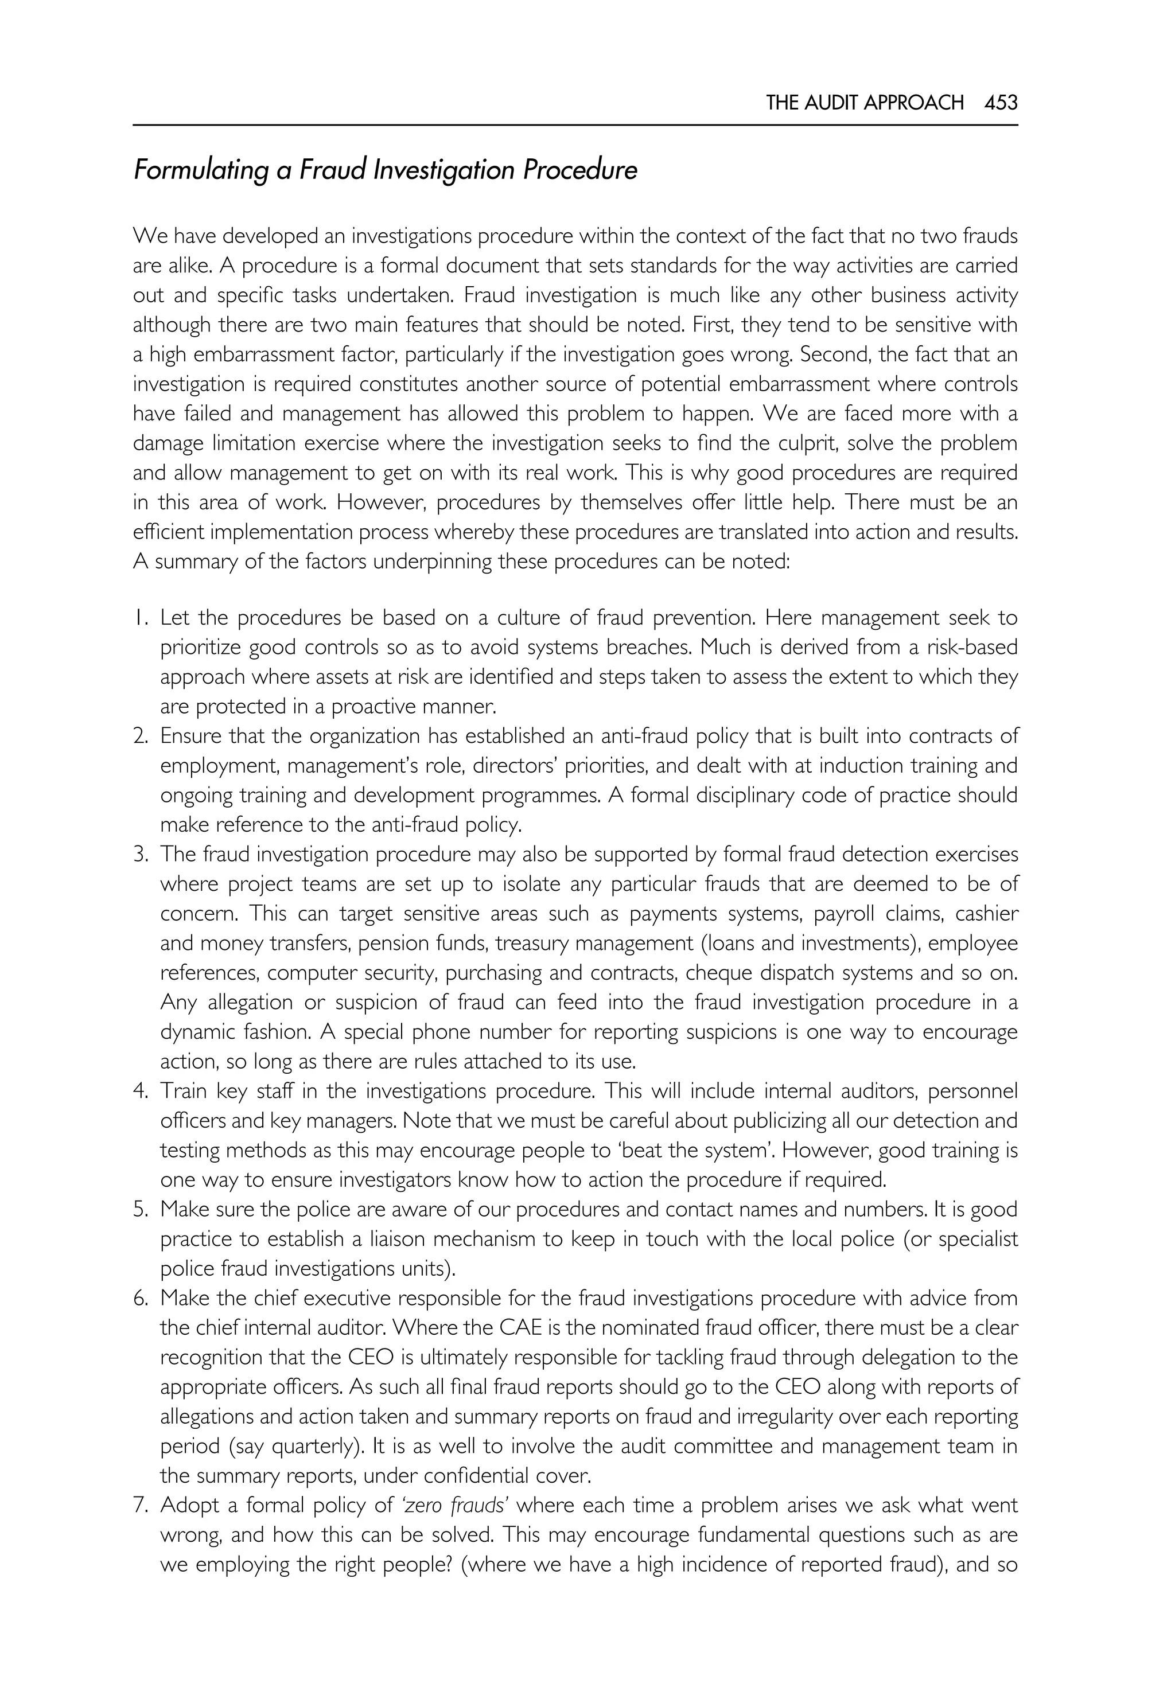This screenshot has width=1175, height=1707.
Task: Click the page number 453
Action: coord(1001,102)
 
